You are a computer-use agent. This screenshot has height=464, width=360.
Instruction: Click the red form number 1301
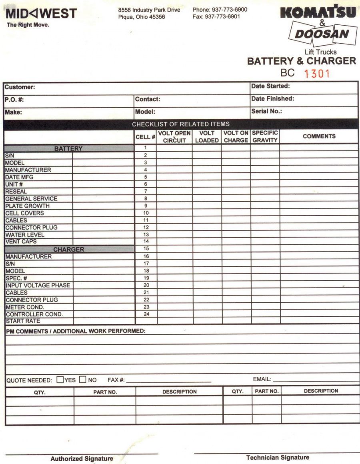coord(316,74)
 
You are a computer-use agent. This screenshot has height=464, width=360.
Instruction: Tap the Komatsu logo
coord(318,13)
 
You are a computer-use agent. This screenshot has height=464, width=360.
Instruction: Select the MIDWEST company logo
coord(41,14)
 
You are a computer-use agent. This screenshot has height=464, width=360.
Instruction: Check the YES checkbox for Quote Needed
coord(60,379)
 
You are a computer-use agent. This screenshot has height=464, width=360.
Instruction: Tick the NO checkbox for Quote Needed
coord(83,379)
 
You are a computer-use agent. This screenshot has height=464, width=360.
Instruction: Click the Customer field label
coord(20,87)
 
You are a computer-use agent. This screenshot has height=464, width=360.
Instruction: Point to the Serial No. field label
coord(266,111)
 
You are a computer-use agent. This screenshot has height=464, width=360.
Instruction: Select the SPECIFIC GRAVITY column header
coord(265,137)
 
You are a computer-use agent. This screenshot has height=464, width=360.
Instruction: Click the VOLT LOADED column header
coord(207,137)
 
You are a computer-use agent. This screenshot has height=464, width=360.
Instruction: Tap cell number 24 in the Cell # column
coord(146,314)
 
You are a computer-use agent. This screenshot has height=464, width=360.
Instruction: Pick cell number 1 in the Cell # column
coord(146,148)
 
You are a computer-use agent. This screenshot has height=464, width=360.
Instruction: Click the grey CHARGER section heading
coord(69,249)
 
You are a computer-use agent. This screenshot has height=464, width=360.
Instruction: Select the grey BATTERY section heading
coord(68,149)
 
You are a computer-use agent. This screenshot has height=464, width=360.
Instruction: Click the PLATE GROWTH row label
coord(28,206)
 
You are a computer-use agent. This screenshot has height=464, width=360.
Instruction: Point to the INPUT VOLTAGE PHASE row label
coord(38,285)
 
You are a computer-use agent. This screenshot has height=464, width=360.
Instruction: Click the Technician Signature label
coord(278,457)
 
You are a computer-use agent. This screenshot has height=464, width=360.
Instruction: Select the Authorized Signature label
coord(82,459)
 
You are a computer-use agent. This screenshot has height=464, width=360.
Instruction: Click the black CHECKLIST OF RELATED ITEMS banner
coord(181,124)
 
